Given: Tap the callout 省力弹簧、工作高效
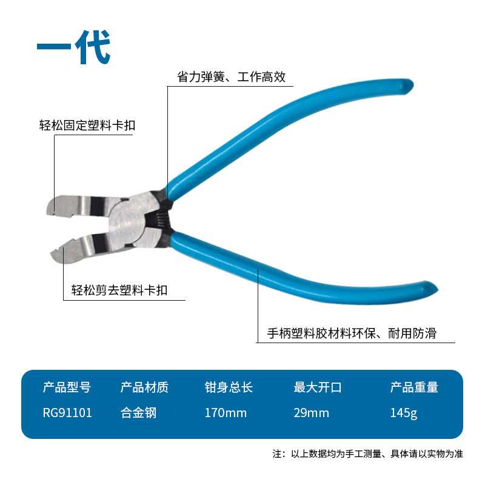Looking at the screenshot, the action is pyautogui.click(x=230, y=77).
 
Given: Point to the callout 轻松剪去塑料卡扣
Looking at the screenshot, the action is pyautogui.click(x=116, y=291).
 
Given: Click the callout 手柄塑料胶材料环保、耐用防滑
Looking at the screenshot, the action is pyautogui.click(x=352, y=333).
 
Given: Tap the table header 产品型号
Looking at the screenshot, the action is pyautogui.click(x=67, y=387).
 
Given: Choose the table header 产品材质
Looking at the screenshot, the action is pyautogui.click(x=144, y=387).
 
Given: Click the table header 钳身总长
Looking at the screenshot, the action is pyautogui.click(x=229, y=387).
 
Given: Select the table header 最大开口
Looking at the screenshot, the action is pyautogui.click(x=318, y=387).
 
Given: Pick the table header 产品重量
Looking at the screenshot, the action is pyautogui.click(x=414, y=387).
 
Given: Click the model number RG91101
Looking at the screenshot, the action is pyautogui.click(x=67, y=413).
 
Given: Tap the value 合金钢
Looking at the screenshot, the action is pyautogui.click(x=138, y=413).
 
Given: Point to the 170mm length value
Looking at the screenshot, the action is pyautogui.click(x=226, y=413).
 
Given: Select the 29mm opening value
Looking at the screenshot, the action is pyautogui.click(x=311, y=413).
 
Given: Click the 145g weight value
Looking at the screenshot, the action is pyautogui.click(x=404, y=413).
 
